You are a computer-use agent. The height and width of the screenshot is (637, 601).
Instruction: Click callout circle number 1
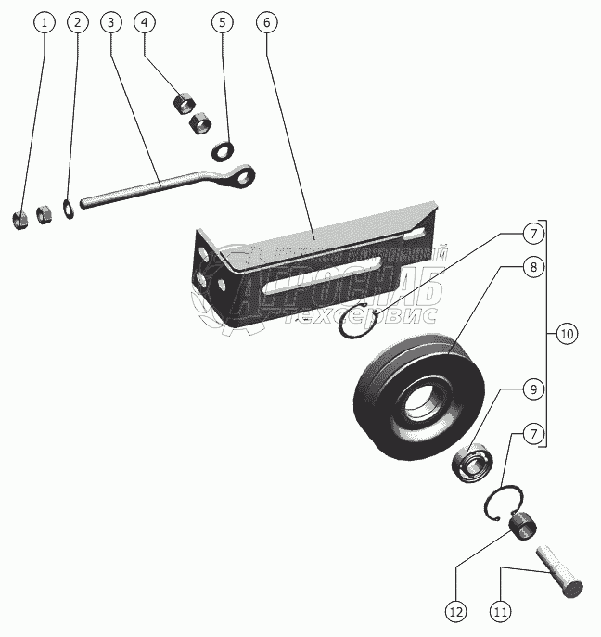tap(42, 21)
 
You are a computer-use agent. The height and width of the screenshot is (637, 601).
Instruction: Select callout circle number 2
tap(79, 21)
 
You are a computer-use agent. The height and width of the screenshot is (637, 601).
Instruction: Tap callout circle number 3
tap(110, 21)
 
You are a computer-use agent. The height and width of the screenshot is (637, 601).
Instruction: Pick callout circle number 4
tap(146, 21)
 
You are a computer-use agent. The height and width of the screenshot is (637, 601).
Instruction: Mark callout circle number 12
tap(455, 611)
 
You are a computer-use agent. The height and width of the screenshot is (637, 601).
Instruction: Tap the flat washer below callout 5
tap(223, 148)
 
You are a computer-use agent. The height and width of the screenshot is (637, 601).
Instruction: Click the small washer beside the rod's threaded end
tap(69, 206)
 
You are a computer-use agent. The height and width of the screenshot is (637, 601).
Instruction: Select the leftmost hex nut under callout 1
tap(20, 219)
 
